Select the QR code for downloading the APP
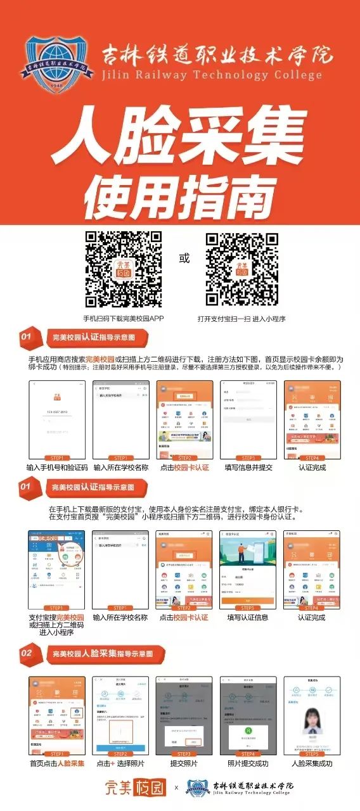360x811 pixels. coord(124,269)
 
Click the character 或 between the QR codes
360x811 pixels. coord(184,259)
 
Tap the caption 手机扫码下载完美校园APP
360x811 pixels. coord(124,318)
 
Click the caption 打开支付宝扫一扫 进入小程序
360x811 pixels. coord(241,318)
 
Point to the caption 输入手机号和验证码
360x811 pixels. coord(57,468)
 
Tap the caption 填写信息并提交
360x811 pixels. coord(248,468)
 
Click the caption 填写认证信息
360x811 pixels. coord(248,617)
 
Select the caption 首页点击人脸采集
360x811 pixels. coord(57,763)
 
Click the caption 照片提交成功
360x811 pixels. coord(248,763)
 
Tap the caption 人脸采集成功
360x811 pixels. coord(312,763)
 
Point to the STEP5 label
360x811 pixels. coord(312,754)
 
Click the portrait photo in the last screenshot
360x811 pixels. coord(312,718)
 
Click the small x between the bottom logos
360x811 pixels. coord(177,789)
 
